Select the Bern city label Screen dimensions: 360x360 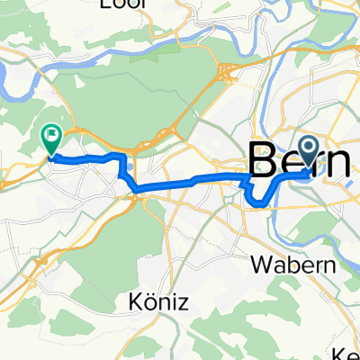(297, 161)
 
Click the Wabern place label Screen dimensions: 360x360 (303, 266)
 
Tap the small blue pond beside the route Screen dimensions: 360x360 (131, 166)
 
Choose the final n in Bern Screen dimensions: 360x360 (341, 164)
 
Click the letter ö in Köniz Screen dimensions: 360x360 (154, 302)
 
